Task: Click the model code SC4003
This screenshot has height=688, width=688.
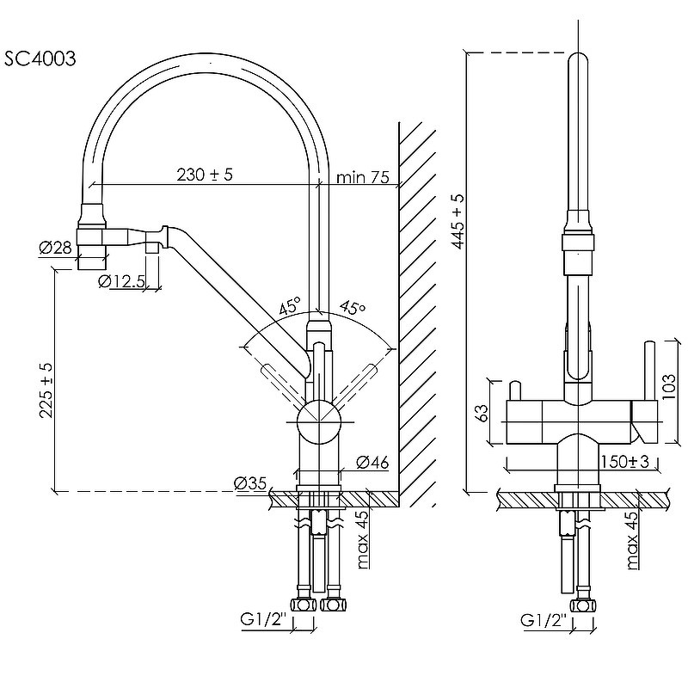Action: coord(40,59)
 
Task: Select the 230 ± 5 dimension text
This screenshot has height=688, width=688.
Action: coord(205,175)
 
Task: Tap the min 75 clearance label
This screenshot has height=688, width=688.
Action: coord(363,178)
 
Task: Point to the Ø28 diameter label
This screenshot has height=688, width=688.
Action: coord(54,248)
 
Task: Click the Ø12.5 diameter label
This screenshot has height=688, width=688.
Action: coord(120,280)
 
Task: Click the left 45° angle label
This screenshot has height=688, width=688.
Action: coord(289,305)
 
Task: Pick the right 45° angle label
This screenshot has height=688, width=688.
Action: coord(353,307)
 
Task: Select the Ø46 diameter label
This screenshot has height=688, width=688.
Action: coord(371,463)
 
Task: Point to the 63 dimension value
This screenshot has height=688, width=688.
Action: coord(483,413)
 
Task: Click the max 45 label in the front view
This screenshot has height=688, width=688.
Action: coord(633,540)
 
